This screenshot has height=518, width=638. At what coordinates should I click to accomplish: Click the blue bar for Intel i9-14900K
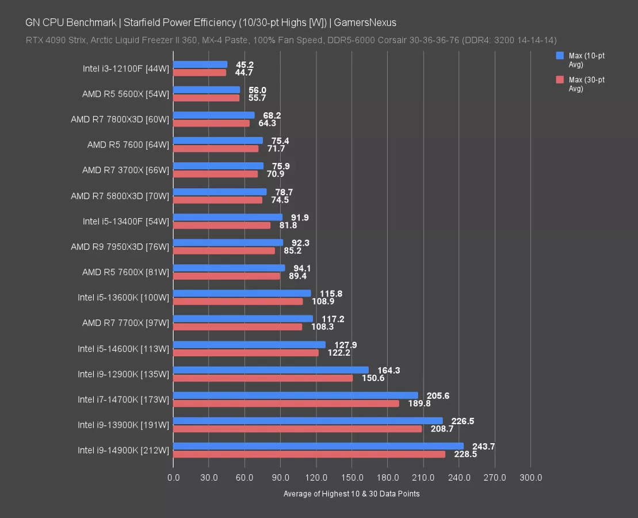click(x=318, y=446)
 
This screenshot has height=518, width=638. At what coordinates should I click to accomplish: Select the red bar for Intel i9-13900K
click(x=297, y=429)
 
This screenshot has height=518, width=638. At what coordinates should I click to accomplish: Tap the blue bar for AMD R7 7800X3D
click(x=213, y=115)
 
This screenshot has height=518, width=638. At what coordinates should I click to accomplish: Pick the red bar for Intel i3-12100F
click(x=200, y=73)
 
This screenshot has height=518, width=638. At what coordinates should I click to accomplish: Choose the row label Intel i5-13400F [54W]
click(x=125, y=221)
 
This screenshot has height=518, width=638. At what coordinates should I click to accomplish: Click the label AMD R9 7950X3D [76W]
click(x=120, y=246)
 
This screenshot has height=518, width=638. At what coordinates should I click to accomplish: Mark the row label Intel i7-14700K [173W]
click(x=123, y=399)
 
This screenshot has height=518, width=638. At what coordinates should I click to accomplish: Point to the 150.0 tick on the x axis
click(x=352, y=478)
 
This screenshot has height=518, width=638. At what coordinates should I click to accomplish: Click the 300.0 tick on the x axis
click(x=530, y=478)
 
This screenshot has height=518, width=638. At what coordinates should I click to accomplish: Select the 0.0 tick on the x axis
click(x=173, y=478)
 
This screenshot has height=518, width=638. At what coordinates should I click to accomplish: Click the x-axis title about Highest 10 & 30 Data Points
click(x=352, y=494)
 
